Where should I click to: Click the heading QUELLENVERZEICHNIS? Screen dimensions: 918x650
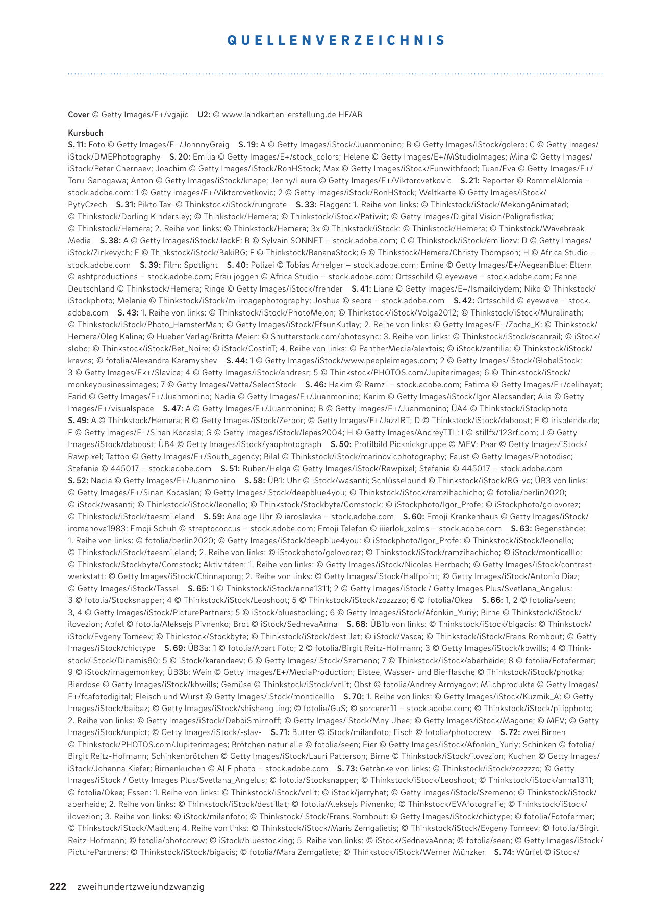click(x=336, y=40)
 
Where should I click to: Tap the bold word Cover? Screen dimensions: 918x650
click(x=79, y=115)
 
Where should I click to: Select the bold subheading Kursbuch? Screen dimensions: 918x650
click(x=86, y=133)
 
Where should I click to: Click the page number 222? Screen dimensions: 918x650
click(x=58, y=886)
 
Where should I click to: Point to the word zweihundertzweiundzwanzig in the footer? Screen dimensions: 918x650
click(x=140, y=887)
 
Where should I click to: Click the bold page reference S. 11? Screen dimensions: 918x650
click(x=77, y=145)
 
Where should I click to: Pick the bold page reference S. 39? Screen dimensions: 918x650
click(x=151, y=265)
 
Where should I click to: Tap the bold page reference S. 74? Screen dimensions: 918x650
click(x=504, y=852)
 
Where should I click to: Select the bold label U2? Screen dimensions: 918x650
click(x=204, y=115)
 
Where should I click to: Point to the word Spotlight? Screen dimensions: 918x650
click(x=201, y=265)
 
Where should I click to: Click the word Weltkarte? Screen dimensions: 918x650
click(x=444, y=193)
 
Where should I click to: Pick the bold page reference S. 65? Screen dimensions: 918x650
click(x=198, y=588)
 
